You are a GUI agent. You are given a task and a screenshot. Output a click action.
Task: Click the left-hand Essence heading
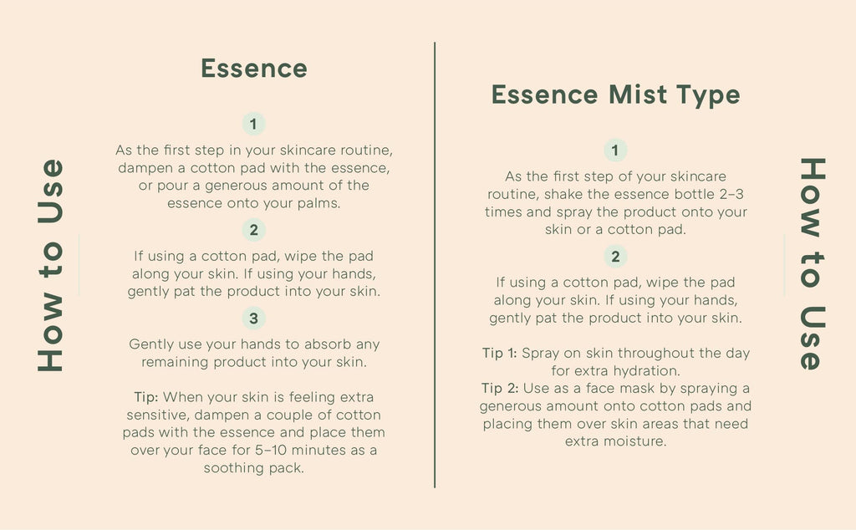point(254,69)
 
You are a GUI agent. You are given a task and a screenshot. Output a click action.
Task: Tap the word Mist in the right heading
point(638,94)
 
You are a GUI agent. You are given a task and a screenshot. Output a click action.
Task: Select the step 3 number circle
point(254,319)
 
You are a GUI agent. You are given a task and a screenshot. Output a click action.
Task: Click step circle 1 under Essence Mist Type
point(615,150)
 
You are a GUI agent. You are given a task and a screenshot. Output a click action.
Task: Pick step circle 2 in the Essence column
point(254,230)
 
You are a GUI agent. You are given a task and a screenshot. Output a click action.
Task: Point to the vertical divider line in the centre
point(435,265)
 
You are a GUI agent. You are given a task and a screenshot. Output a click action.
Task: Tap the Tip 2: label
point(500,389)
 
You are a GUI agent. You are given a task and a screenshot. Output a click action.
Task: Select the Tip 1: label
point(500,353)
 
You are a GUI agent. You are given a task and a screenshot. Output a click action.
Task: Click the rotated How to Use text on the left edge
point(51,265)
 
